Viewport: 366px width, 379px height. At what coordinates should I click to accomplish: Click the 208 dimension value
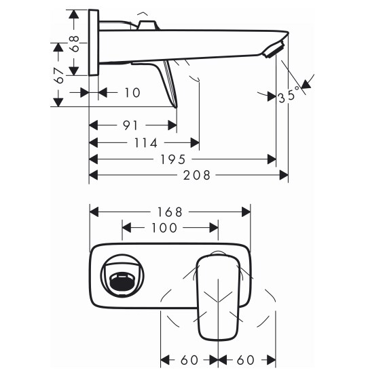196,175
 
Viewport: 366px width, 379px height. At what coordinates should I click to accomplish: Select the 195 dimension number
173,159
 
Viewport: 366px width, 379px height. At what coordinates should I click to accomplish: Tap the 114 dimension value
146,142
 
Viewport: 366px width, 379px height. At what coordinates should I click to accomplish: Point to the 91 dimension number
130,125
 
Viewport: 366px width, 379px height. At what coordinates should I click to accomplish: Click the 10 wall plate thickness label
132,93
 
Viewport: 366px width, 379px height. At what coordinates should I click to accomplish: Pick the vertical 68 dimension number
74,44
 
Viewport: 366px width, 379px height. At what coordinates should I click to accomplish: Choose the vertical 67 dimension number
59,75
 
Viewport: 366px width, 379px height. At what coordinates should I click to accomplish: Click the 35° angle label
291,96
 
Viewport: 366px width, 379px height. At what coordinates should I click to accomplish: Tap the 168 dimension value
170,212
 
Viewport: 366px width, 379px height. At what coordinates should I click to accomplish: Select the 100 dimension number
164,228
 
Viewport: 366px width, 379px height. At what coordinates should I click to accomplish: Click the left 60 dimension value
189,360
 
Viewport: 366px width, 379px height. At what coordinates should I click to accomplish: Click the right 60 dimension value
245,360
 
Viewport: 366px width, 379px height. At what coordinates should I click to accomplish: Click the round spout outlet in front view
122,276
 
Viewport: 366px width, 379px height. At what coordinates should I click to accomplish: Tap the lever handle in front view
219,296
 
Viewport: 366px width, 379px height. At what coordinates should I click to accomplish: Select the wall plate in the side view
94,43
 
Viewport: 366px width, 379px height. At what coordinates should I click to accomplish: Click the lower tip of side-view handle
176,107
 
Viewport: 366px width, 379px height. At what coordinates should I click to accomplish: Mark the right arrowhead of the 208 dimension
284,175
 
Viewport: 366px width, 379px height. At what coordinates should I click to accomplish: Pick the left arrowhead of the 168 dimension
94,212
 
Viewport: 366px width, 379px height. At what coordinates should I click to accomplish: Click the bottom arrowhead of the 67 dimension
58,102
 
